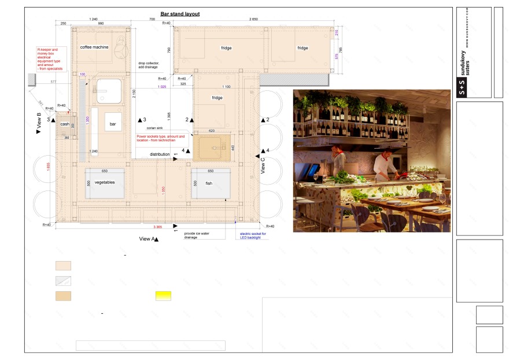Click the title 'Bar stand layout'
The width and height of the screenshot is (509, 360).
click(x=180, y=13)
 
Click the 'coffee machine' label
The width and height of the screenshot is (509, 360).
click(x=94, y=47)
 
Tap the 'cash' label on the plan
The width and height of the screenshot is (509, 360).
click(x=65, y=124)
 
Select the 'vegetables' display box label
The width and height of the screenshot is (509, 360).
click(x=105, y=182)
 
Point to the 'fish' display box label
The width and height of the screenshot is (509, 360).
click(x=209, y=183)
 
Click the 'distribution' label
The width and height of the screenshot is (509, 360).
click(x=160, y=155)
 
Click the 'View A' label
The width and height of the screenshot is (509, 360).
click(x=146, y=238)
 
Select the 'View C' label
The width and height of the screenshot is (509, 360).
click(x=263, y=166)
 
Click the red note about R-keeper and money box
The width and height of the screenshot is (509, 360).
click(x=50, y=59)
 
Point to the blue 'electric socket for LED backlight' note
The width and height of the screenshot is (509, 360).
click(x=253, y=235)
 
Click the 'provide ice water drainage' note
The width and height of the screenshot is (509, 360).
click(x=197, y=235)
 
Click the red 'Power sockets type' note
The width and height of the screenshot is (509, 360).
click(x=161, y=139)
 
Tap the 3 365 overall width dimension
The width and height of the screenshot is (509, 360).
click(x=157, y=226)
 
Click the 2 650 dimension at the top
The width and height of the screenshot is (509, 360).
click(x=253, y=19)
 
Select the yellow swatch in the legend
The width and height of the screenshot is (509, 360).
click(x=163, y=296)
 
